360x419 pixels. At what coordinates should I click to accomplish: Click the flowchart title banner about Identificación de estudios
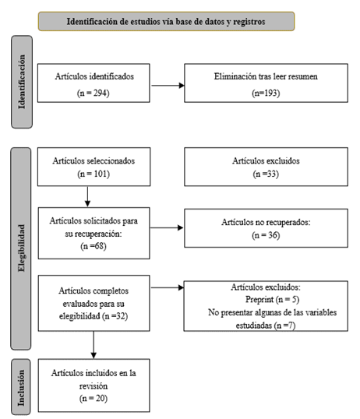(166, 21)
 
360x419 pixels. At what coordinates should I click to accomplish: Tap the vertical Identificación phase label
(22, 82)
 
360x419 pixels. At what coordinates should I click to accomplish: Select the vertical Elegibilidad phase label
(21, 248)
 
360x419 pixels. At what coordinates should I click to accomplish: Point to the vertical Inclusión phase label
(21, 387)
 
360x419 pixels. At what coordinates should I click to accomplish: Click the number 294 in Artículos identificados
(100, 93)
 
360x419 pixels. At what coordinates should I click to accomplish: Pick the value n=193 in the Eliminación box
(266, 93)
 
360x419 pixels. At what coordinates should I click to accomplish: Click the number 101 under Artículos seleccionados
(101, 174)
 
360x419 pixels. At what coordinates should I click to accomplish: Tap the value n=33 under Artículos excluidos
(266, 174)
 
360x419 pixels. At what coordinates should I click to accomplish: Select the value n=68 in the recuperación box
(94, 246)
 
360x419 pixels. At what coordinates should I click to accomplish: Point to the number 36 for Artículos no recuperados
(273, 235)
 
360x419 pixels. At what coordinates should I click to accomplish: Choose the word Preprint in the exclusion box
(259, 299)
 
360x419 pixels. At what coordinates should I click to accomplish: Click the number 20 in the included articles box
(101, 399)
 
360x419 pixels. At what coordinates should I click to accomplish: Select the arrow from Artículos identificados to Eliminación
(168, 86)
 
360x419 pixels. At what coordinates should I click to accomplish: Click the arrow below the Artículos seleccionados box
(87, 196)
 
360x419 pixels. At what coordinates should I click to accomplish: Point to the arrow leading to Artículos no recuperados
(167, 227)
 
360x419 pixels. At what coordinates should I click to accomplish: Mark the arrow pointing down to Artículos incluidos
(94, 345)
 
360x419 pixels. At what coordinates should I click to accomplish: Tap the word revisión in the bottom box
(94, 386)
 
